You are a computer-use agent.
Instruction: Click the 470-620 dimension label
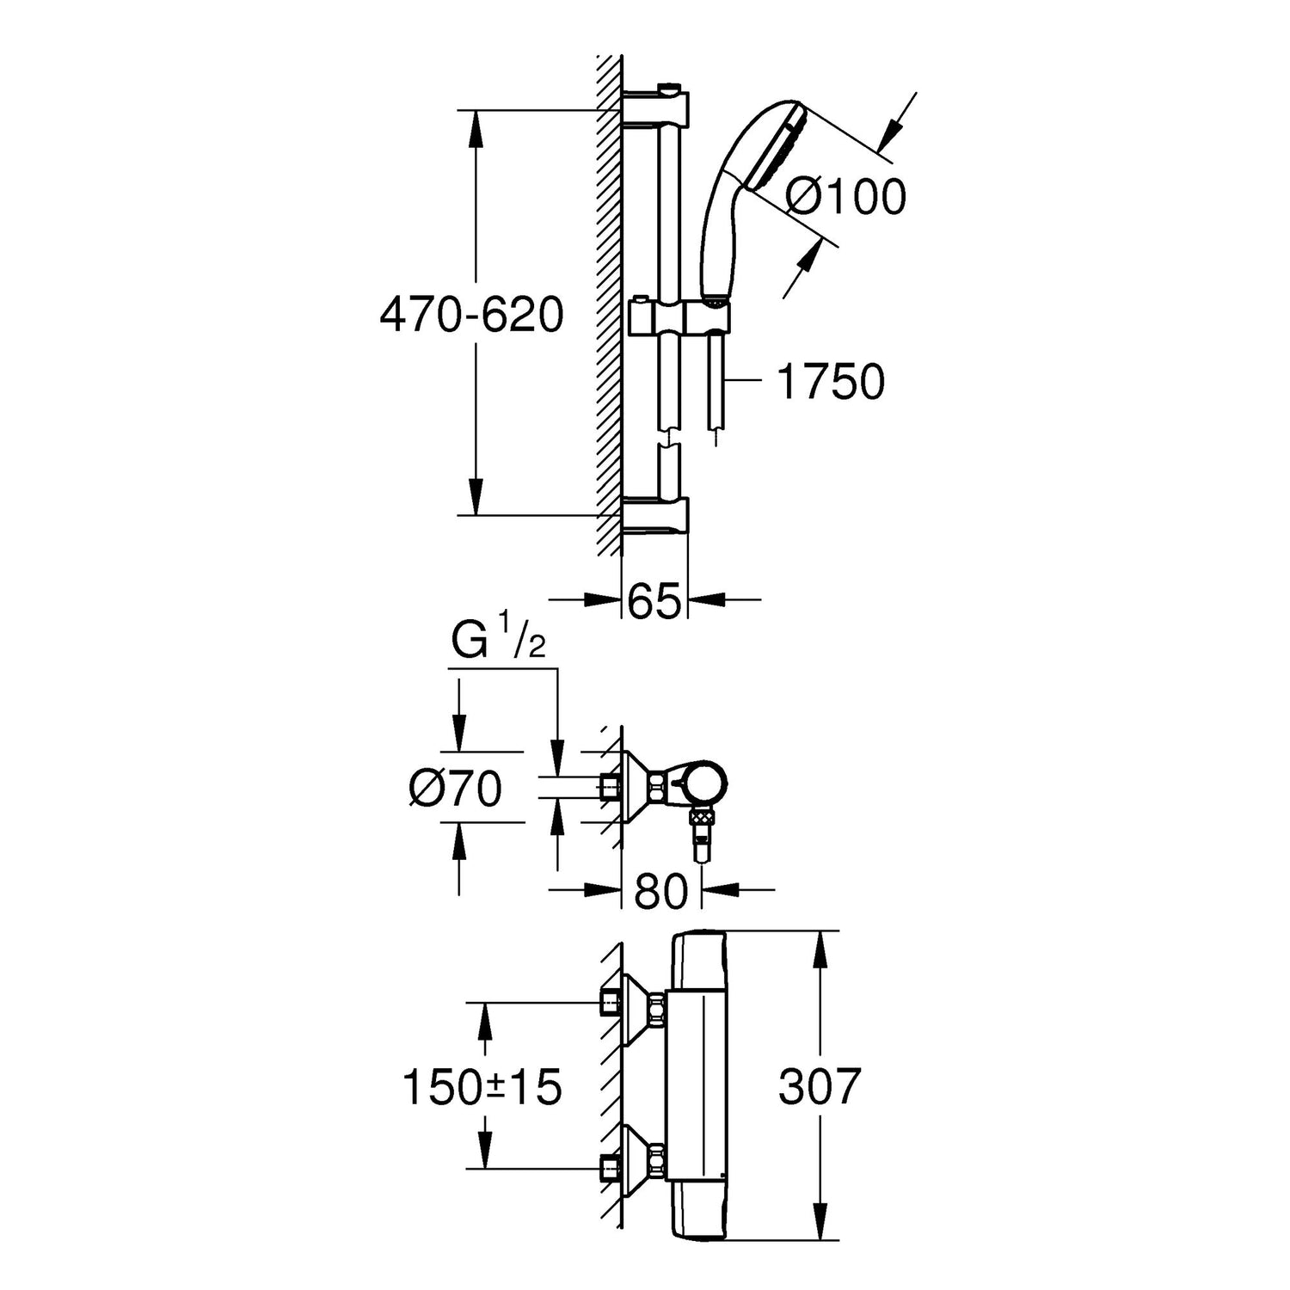(472, 315)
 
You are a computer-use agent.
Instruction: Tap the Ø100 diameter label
(846, 197)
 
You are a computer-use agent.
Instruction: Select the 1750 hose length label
(830, 381)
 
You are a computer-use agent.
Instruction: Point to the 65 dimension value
(654, 599)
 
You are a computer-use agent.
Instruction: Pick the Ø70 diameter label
(456, 789)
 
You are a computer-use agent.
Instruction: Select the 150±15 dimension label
(482, 1086)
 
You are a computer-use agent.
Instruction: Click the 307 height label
(820, 1086)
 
